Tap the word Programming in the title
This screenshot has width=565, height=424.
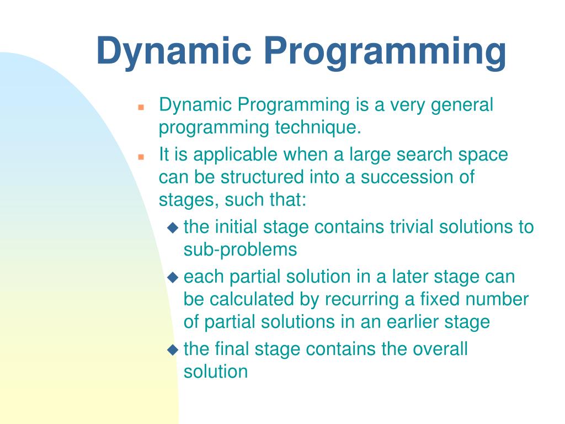(x=385, y=52)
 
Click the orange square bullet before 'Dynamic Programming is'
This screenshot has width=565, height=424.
(x=141, y=107)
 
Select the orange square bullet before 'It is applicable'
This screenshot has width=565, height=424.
(x=141, y=157)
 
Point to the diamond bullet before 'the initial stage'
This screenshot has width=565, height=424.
(x=173, y=227)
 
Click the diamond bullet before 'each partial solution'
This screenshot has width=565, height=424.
(x=173, y=277)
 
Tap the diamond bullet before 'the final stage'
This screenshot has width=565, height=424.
(x=173, y=349)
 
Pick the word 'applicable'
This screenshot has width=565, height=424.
(x=235, y=155)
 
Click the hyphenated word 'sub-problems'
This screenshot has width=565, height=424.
(x=241, y=250)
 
